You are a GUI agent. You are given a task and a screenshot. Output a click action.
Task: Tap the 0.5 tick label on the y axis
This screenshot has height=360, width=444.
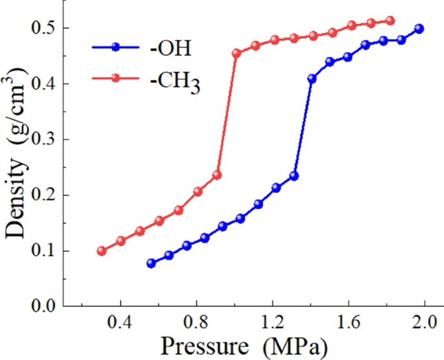(x=45, y=28)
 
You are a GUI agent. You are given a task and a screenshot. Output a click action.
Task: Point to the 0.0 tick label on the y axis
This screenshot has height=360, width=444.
(x=45, y=306)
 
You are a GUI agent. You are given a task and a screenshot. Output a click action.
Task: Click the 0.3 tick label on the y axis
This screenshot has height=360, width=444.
(x=45, y=139)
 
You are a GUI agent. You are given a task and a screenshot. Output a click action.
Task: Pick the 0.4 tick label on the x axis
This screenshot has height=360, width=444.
(x=120, y=322)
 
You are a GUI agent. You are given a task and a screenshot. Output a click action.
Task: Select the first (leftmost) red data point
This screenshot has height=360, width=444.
(x=101, y=251)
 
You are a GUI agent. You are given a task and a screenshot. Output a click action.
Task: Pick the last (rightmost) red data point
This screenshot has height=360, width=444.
(x=390, y=21)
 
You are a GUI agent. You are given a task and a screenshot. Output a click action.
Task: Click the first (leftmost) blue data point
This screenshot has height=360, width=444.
(x=151, y=264)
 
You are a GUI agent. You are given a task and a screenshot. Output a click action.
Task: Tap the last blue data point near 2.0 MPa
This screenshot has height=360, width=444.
(x=419, y=28)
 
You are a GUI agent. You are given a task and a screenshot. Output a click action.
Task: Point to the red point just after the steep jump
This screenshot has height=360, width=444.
(x=237, y=53)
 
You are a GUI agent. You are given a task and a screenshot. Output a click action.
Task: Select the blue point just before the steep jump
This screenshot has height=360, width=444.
(x=294, y=176)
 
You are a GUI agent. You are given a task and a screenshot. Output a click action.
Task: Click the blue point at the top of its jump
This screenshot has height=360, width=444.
(x=312, y=78)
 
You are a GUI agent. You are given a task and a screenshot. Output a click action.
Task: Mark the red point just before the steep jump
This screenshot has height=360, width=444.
(x=217, y=175)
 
